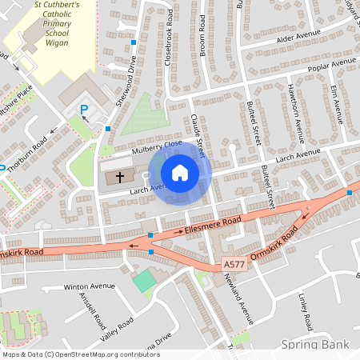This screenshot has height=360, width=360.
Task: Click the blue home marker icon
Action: click(x=180, y=173)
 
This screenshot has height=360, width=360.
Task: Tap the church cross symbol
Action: click(x=121, y=177)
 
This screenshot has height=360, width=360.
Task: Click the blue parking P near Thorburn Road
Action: click(x=83, y=108)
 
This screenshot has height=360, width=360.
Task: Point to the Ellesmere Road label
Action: click(x=213, y=224)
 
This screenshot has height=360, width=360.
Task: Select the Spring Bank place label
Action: click(x=317, y=344)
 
